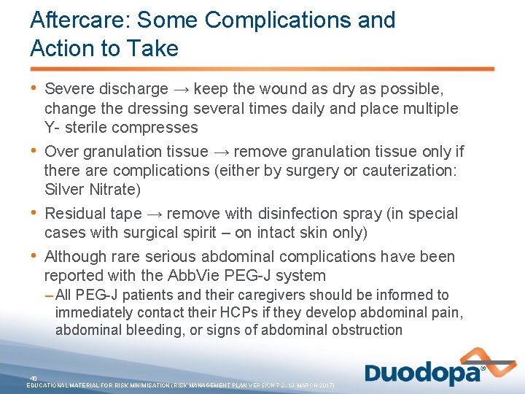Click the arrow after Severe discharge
click(180, 89)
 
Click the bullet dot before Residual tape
click(35, 213)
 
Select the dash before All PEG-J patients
click(48, 295)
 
